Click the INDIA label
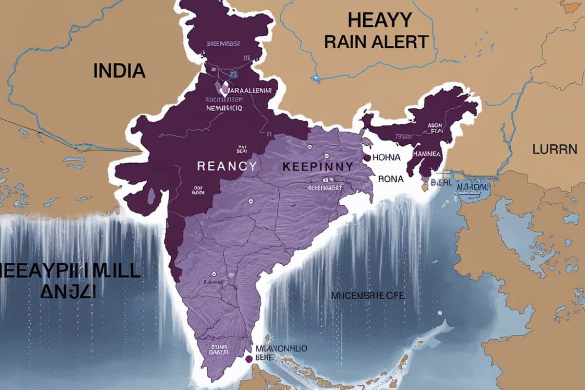coord(119,70)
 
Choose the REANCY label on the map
coord(227,166)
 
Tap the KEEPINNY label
coord(317,166)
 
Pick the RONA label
coord(390,179)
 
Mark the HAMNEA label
coord(427,154)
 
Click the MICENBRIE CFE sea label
coord(368,295)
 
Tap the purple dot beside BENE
coord(249,359)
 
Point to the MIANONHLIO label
coord(281,349)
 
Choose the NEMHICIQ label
coord(224,108)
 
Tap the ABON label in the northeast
coord(434,125)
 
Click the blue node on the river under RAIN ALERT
coord(317,78)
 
